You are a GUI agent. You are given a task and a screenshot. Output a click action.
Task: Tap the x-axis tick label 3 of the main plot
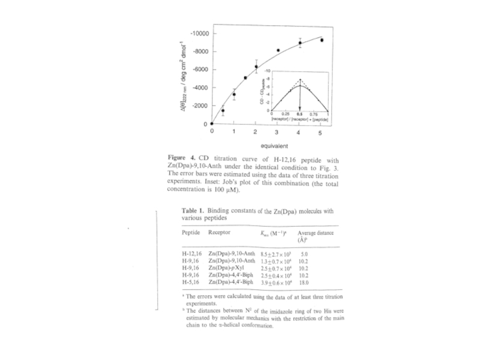point(277,132)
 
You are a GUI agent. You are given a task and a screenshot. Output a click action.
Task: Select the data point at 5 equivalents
point(322,40)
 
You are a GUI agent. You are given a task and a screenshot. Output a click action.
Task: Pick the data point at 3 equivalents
point(278,50)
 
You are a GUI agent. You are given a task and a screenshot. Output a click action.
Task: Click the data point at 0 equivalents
point(212,124)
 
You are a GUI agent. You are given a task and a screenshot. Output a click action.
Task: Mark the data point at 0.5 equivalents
point(223,110)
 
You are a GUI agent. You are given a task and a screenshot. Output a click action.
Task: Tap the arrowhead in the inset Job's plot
point(299,107)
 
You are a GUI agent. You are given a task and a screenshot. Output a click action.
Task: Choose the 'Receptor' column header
point(220,232)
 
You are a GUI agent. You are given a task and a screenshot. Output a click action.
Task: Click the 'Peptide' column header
point(191,232)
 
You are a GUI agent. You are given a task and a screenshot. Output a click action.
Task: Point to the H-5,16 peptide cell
point(191,281)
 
